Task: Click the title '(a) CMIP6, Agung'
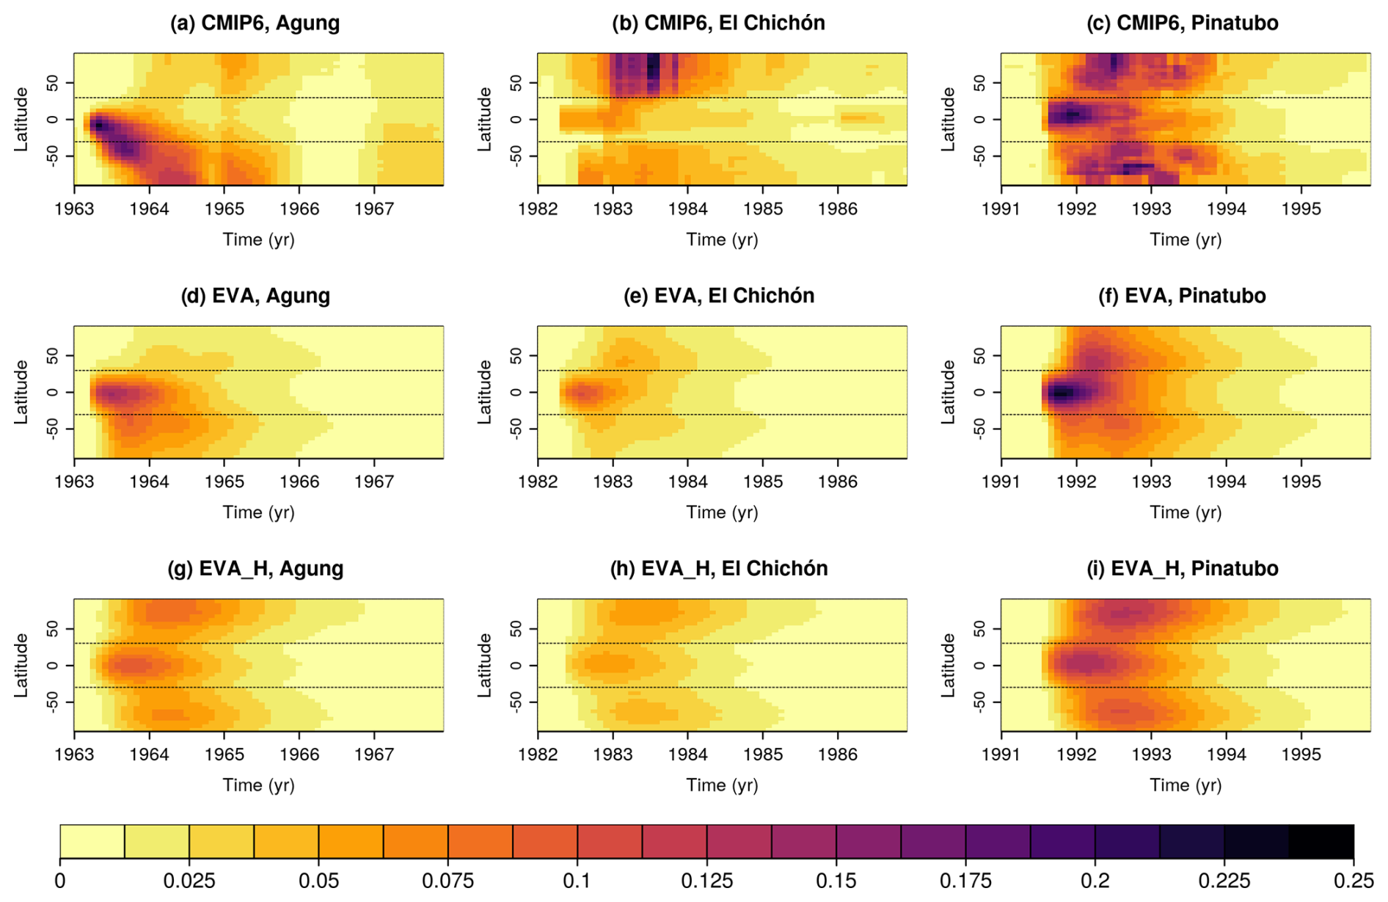255,23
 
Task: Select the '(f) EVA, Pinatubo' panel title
1182,296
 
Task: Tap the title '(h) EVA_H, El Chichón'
719,569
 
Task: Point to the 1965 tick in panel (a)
224,209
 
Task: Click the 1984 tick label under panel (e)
688,482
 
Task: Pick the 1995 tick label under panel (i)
1301,755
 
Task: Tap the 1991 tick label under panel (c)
1001,209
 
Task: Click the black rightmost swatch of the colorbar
1321,841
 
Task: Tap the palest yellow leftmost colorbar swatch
92,841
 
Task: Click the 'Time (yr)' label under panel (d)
258,512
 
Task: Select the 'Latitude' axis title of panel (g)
21,665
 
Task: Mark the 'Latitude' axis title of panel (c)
948,119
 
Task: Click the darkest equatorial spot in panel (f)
1061,394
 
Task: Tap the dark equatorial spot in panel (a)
98,126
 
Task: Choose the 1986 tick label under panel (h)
838,755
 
